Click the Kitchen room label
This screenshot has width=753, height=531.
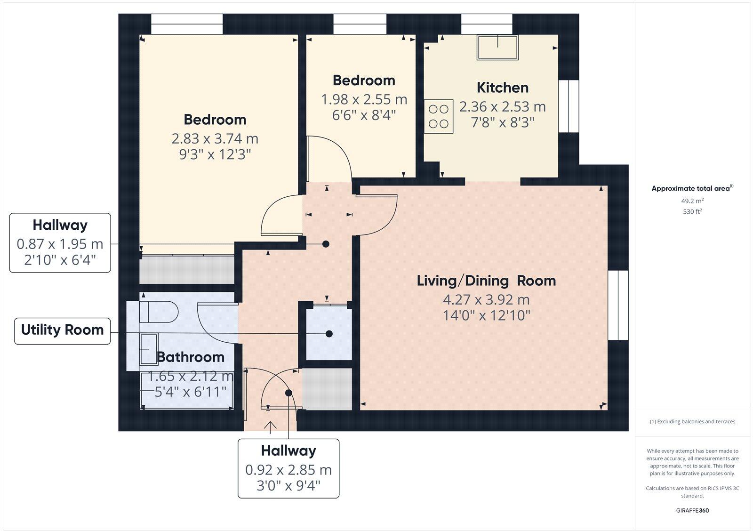(x=502, y=88)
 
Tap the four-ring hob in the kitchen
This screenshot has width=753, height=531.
(x=439, y=116)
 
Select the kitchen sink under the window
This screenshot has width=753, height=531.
(x=498, y=48)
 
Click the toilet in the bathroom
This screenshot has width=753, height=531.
(x=159, y=312)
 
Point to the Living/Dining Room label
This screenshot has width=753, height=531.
(x=486, y=281)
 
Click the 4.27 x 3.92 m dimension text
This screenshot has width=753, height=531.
(x=486, y=299)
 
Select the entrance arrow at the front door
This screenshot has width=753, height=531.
(x=270, y=427)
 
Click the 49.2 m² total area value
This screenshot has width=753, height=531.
(x=692, y=201)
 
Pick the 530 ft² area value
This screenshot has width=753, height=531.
(x=692, y=212)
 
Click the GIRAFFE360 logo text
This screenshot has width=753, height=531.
(x=692, y=510)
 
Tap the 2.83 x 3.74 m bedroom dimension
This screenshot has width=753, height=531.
(x=215, y=139)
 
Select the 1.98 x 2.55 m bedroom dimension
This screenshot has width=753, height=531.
(x=364, y=100)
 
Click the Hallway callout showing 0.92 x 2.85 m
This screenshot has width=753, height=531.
(x=288, y=468)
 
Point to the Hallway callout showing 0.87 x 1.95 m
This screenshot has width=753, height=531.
(x=60, y=242)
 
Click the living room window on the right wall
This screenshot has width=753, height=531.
(x=618, y=305)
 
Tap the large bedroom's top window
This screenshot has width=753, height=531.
(x=186, y=24)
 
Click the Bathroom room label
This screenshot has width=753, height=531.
(x=190, y=357)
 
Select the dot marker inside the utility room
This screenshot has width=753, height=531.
(x=329, y=334)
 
